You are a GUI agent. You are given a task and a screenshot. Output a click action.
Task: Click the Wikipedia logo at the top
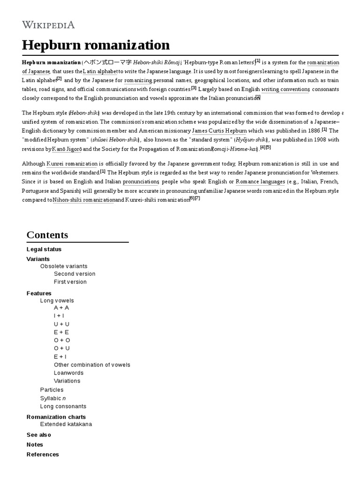click(x=48, y=25)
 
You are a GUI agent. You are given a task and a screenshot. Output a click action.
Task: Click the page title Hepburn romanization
click(x=96, y=45)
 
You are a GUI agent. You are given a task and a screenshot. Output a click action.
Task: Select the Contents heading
click(x=47, y=235)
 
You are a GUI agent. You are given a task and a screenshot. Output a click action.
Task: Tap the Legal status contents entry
click(x=44, y=249)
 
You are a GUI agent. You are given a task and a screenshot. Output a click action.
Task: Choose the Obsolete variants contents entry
click(x=64, y=266)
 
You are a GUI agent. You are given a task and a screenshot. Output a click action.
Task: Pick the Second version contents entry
click(x=75, y=274)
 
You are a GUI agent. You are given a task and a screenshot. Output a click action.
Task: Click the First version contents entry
click(x=70, y=282)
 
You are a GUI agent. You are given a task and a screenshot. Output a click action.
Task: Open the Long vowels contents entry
click(x=57, y=300)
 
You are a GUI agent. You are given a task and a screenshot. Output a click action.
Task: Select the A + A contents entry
click(x=61, y=308)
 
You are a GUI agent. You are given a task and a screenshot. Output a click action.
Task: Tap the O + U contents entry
click(x=62, y=348)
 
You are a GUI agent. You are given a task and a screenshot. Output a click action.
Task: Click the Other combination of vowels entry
click(x=92, y=365)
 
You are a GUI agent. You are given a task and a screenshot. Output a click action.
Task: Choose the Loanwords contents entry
click(x=68, y=373)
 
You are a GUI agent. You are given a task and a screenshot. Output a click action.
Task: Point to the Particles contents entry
click(x=52, y=390)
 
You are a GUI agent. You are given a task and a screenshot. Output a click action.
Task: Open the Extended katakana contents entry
click(x=66, y=424)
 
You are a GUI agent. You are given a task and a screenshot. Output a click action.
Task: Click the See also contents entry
click(x=39, y=435)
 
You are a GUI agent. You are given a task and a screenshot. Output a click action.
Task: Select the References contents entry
click(x=43, y=454)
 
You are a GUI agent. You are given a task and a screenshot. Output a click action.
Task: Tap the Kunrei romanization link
click(x=72, y=164)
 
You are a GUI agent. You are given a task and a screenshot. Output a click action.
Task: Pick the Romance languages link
click(x=260, y=181)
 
